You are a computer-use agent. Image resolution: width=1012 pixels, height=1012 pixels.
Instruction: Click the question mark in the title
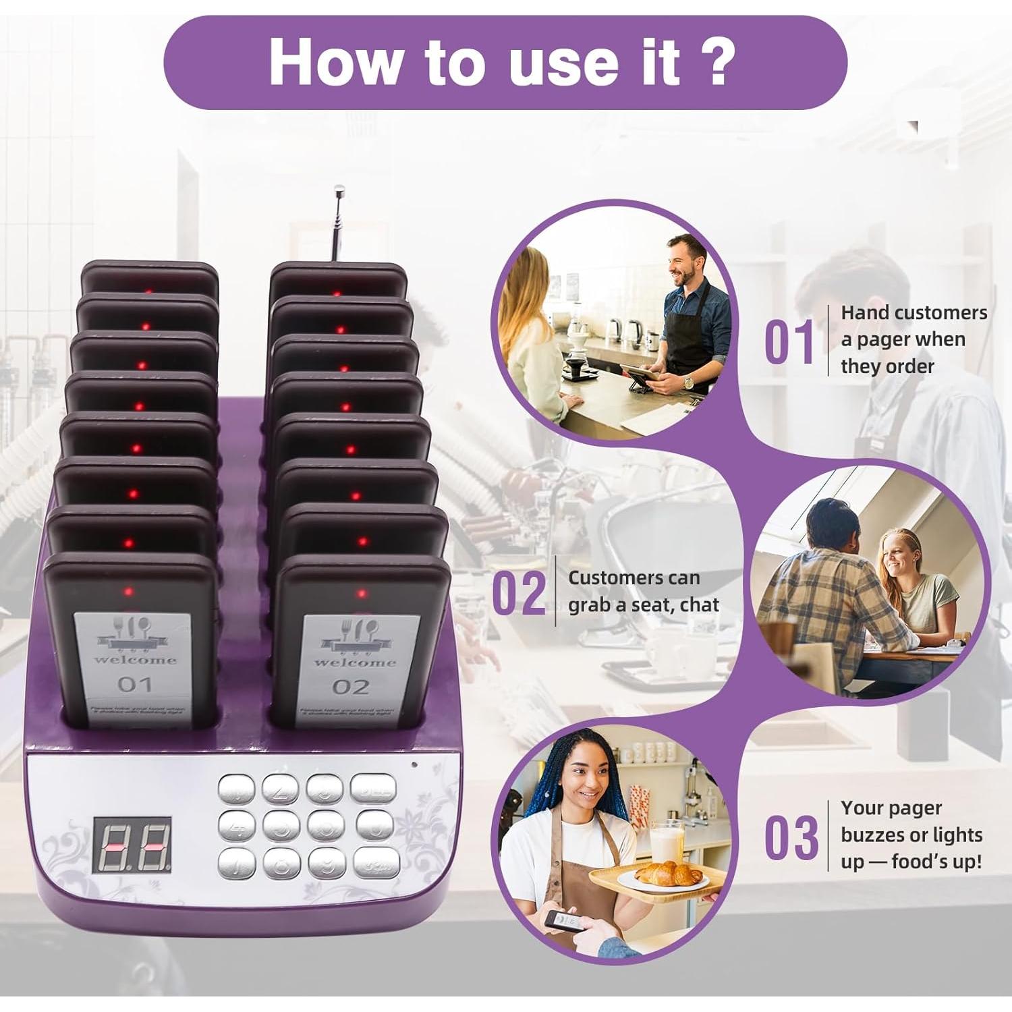(712, 62)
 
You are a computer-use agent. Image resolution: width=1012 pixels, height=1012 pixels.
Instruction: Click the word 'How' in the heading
(333, 62)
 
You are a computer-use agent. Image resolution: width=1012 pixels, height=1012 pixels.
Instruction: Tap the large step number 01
(789, 342)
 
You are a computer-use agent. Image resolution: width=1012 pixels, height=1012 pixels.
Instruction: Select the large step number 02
(518, 594)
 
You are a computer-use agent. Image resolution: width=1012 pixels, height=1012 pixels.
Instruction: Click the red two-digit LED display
(132, 844)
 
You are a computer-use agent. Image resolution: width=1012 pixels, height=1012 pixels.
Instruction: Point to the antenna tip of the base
(338, 192)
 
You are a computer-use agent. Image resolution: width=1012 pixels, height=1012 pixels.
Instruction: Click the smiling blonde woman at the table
(903, 557)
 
